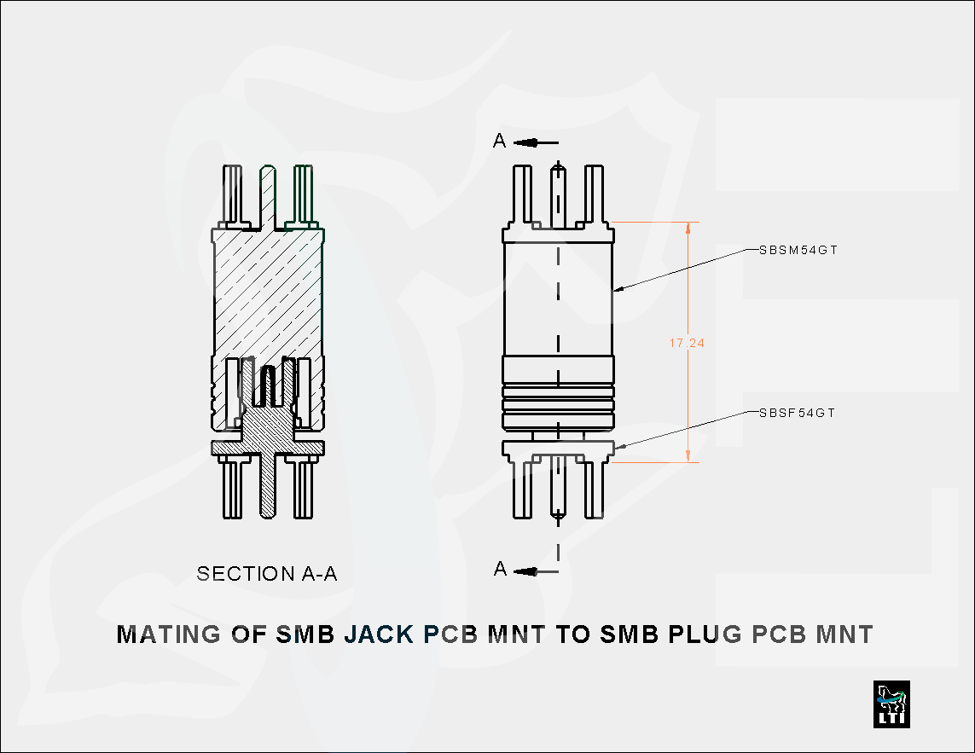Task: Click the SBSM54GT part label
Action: [x=798, y=251]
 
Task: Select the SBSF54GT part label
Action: [x=797, y=413]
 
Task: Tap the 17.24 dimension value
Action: [x=687, y=343]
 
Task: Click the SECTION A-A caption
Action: [x=267, y=574]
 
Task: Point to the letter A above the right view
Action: [x=500, y=142]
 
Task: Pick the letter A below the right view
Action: [x=501, y=570]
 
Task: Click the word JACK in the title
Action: [x=380, y=635]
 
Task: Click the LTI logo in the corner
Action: [x=891, y=704]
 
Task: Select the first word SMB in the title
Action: [x=305, y=635]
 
